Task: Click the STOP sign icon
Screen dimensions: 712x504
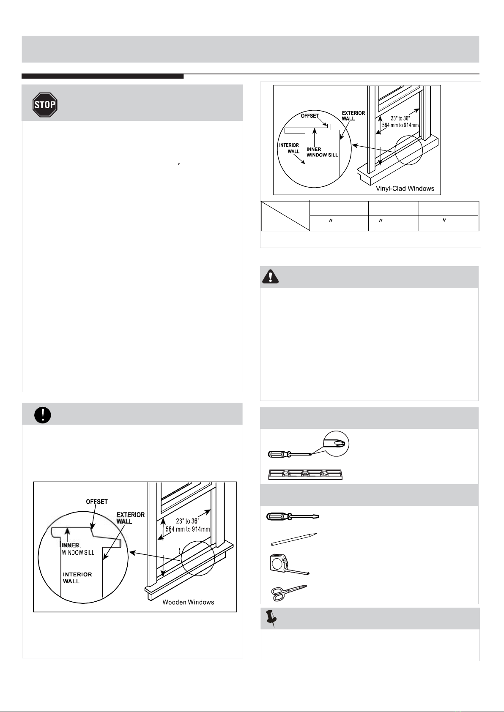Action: pos(45,104)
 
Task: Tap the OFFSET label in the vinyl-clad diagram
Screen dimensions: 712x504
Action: pos(310,116)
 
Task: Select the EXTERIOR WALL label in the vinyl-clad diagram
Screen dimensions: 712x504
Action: pos(353,116)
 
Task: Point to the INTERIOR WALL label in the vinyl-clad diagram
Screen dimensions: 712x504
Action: pos(289,148)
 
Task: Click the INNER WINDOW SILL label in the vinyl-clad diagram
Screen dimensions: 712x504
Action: pos(322,152)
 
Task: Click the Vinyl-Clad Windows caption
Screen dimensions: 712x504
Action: pos(405,188)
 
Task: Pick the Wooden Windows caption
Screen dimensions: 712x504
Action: pos(188,602)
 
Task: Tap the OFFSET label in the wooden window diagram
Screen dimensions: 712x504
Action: pos(97,502)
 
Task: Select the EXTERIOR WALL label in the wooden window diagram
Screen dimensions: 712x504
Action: pos(131,518)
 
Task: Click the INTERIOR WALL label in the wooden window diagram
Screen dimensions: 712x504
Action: pos(77,578)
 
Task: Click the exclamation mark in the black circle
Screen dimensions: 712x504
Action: pos(42,415)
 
